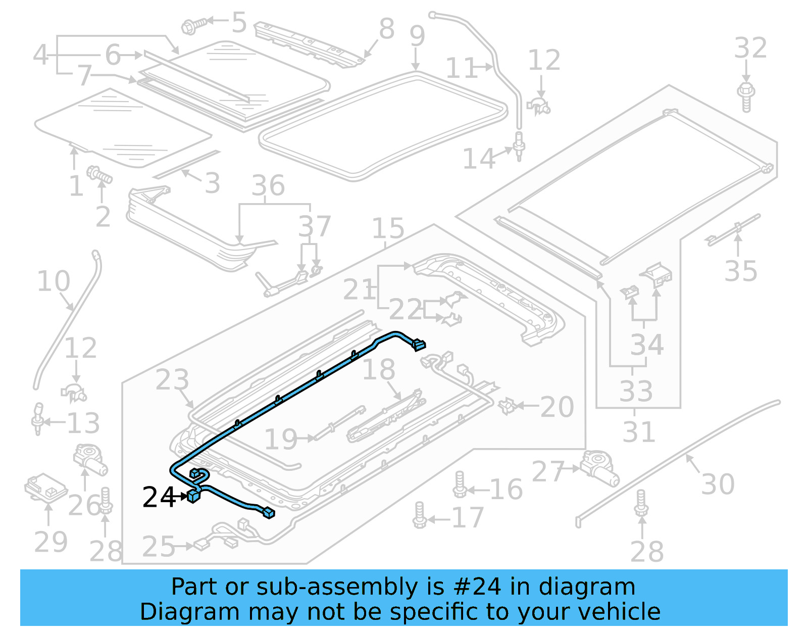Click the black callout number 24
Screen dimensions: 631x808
click(x=159, y=497)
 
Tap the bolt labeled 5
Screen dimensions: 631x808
click(x=193, y=25)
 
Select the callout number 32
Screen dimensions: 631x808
click(x=750, y=48)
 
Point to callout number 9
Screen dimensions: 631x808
click(x=417, y=36)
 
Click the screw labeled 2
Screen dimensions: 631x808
click(x=99, y=175)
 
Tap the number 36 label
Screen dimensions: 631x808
click(x=268, y=186)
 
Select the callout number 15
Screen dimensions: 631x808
click(x=388, y=228)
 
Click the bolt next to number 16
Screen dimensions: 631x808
click(x=460, y=485)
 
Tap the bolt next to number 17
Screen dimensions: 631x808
click(x=419, y=516)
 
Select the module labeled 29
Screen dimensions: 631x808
click(x=45, y=488)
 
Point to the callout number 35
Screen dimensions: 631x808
click(x=741, y=271)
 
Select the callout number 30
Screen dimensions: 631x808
click(x=718, y=484)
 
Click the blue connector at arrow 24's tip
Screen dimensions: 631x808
click(x=193, y=496)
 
